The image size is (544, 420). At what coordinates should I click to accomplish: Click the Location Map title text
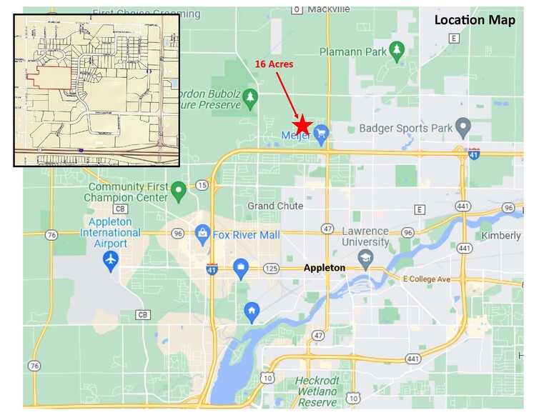point(475,20)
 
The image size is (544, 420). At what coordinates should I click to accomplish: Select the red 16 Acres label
point(275,64)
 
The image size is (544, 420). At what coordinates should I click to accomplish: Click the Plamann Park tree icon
point(397,50)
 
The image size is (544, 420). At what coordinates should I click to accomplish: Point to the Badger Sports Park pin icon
point(463,127)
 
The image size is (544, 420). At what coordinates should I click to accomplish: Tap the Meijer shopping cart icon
point(321,132)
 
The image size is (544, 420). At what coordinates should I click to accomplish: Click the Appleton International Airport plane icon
point(110,261)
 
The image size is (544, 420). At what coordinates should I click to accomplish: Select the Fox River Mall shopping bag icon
point(203,233)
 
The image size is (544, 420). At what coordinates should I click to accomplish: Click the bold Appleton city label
point(325,269)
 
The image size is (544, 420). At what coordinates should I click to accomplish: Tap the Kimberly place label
point(501,236)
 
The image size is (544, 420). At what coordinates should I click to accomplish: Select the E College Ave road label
point(427,279)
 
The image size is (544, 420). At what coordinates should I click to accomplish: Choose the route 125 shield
point(271,269)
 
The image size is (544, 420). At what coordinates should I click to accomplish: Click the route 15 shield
point(202,186)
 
